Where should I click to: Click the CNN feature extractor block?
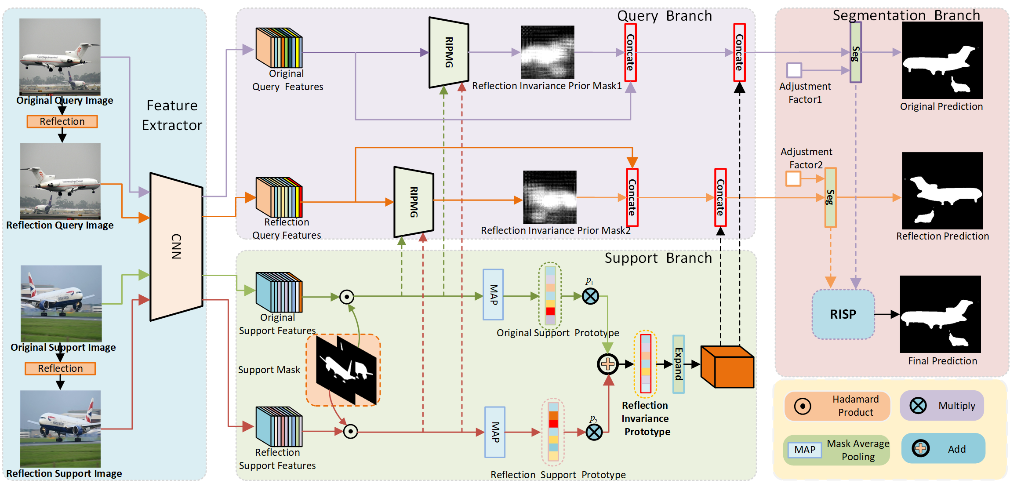(176, 247)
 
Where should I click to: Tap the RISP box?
(843, 314)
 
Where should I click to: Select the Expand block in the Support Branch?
(678, 364)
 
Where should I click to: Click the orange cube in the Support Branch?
(727, 367)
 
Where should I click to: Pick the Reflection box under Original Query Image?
(62, 121)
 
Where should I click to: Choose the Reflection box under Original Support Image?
(60, 368)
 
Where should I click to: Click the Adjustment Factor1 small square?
(794, 70)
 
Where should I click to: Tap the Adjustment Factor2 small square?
(793, 179)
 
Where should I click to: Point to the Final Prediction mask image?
(940, 314)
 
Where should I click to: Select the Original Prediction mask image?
(942, 60)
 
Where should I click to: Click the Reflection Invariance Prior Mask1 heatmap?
(547, 52)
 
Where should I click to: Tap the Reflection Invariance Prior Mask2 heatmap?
(549, 197)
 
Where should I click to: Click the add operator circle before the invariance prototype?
(607, 364)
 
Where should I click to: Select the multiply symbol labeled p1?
(590, 296)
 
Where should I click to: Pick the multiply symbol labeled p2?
(594, 432)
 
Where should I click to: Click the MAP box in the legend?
(804, 450)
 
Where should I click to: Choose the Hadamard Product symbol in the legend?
(803, 406)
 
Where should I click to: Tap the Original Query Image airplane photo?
(60, 57)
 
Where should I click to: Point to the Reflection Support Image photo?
(60, 429)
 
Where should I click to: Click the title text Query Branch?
(664, 16)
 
